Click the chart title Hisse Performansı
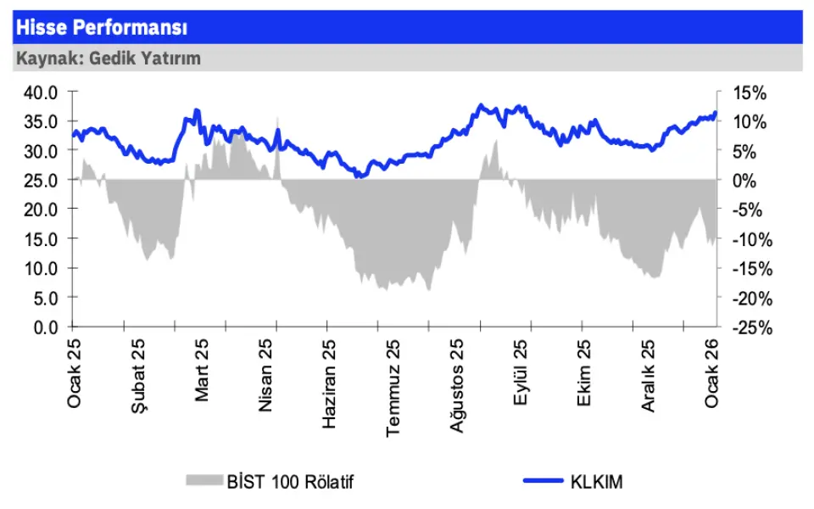101,28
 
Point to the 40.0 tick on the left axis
41,92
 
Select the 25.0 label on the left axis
41,180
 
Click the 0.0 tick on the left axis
45,327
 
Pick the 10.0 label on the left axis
41,268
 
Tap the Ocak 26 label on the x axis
712,372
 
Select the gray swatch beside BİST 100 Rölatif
203,481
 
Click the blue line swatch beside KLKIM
544,481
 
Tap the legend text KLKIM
598,482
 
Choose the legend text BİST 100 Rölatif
289,482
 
